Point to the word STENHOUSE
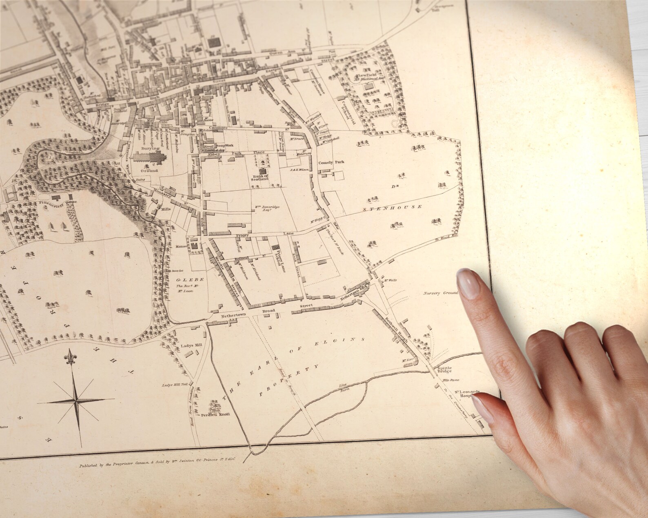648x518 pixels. [392, 207]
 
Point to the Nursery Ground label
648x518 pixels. [441, 293]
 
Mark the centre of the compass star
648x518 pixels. [75, 401]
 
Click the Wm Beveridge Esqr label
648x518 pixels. [268, 209]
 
